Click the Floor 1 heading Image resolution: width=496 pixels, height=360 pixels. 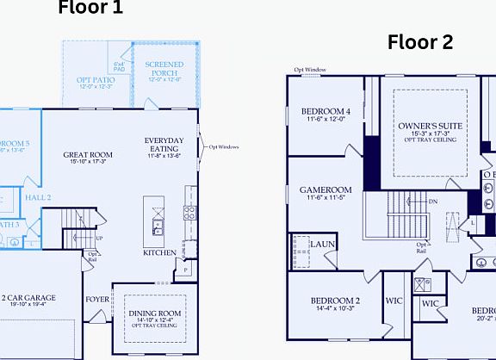click(90, 9)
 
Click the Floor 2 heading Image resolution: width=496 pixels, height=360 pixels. click(420, 41)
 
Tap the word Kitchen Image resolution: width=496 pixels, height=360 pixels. click(160, 253)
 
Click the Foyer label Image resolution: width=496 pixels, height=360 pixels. click(97, 301)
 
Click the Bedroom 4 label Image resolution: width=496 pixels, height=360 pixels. click(326, 111)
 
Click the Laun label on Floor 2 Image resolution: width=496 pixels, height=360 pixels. click(323, 245)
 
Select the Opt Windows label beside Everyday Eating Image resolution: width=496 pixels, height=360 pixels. click(224, 146)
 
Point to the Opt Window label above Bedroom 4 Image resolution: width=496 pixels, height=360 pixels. click(309, 69)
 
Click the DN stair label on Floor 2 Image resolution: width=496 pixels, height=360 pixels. click(433, 202)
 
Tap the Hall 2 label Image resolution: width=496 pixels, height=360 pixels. click(37, 197)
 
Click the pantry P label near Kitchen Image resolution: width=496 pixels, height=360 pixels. click(185, 270)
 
